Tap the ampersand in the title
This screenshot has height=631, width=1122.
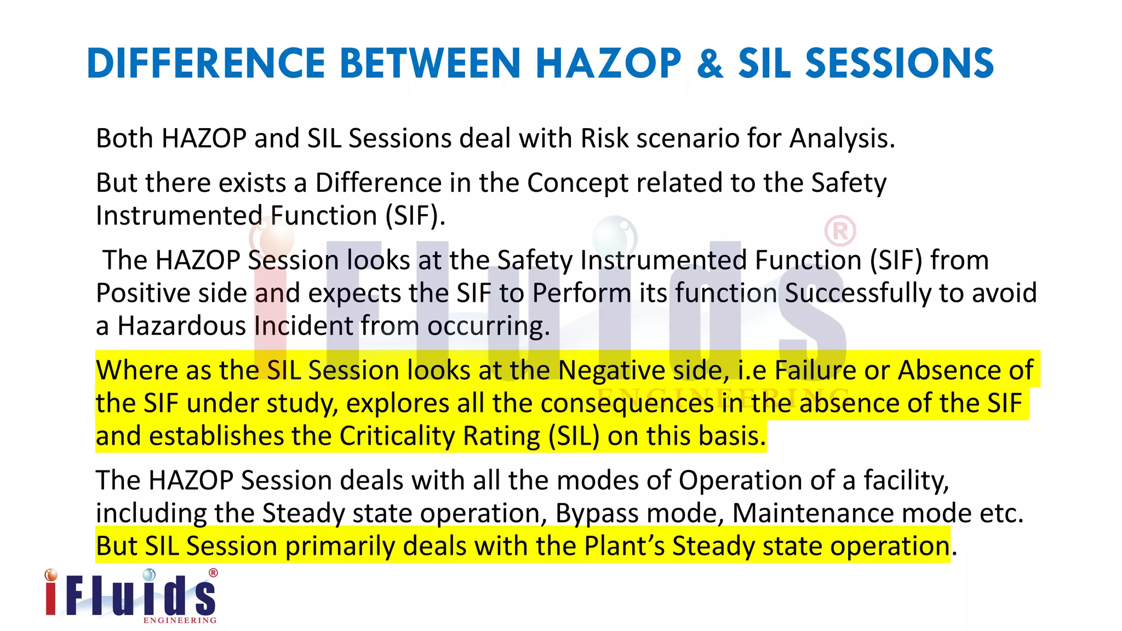click(710, 64)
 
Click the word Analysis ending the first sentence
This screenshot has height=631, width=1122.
click(841, 139)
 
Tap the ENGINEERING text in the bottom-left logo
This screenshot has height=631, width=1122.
click(180, 621)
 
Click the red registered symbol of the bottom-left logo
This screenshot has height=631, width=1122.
click(213, 573)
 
